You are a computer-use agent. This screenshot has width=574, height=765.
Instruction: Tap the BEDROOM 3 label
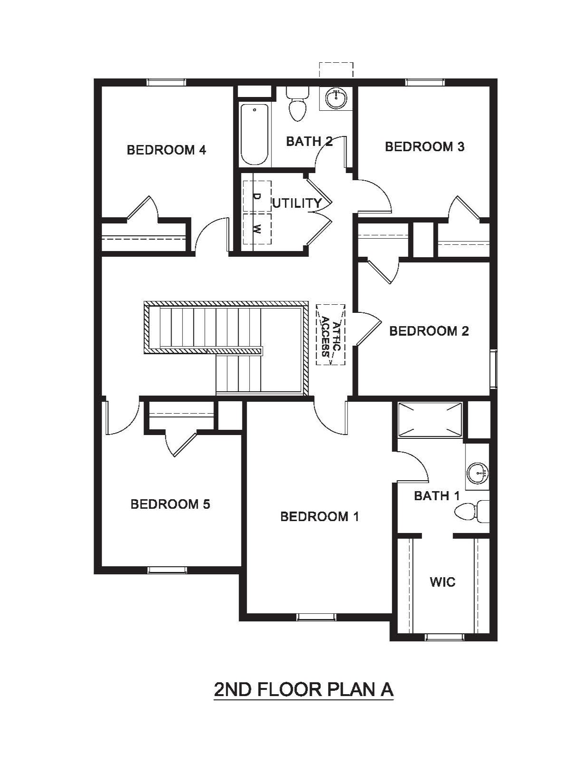(x=425, y=147)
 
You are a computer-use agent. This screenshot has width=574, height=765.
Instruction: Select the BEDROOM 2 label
(x=429, y=331)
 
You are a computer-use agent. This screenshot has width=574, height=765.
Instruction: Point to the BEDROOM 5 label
(x=170, y=504)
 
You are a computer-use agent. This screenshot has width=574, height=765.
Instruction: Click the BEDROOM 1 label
(x=320, y=516)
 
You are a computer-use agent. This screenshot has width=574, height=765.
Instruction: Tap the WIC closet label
(x=443, y=581)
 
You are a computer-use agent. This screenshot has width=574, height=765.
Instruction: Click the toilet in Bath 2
(x=297, y=104)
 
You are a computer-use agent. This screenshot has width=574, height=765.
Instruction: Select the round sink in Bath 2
(x=337, y=98)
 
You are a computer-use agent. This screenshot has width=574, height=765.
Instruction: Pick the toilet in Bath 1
(x=472, y=511)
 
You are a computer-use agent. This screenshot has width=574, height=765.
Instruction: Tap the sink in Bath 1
(x=477, y=473)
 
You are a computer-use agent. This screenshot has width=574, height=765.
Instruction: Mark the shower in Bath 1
(x=430, y=419)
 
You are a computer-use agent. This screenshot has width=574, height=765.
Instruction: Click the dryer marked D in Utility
(x=257, y=196)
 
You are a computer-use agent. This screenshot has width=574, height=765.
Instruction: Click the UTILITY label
(x=297, y=203)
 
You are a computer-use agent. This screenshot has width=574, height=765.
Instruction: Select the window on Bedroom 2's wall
(x=494, y=369)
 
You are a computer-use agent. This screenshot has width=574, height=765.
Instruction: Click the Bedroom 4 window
(x=166, y=82)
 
